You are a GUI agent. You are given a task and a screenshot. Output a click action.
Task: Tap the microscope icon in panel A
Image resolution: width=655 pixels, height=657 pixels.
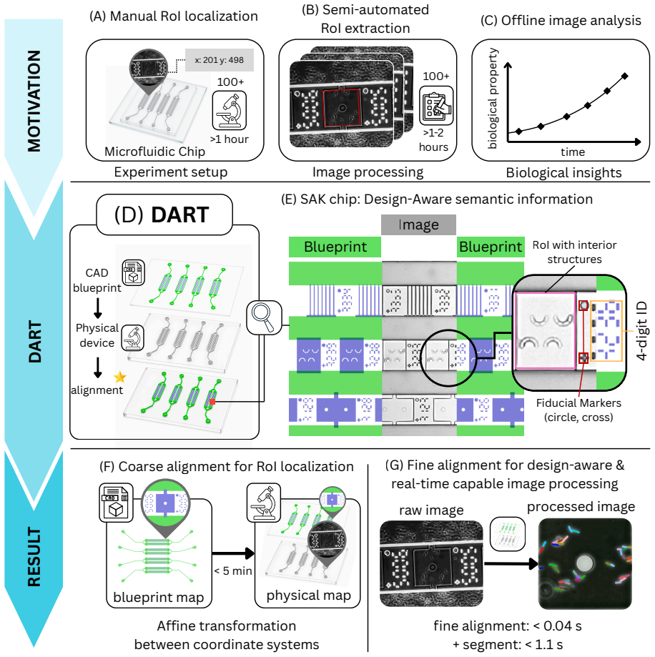pyautogui.click(x=230, y=111)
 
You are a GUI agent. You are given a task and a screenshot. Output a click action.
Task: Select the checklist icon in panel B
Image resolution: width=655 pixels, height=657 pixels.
pyautogui.click(x=436, y=106)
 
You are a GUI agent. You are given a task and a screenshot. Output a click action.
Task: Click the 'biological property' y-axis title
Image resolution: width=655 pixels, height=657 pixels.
pyautogui.click(x=493, y=99)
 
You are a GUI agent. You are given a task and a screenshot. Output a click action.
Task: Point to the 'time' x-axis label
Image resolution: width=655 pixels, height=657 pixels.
pyautogui.click(x=573, y=152)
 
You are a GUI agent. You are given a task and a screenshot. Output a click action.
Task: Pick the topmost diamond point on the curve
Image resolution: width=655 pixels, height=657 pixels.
pyautogui.click(x=624, y=76)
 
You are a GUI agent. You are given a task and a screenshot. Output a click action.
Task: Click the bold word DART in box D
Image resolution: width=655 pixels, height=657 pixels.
pyautogui.click(x=179, y=215)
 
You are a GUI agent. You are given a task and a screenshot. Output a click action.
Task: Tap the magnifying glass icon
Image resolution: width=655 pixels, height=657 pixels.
pyautogui.click(x=264, y=317)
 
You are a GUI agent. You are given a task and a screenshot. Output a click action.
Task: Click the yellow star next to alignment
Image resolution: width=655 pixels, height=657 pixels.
pyautogui.click(x=120, y=377)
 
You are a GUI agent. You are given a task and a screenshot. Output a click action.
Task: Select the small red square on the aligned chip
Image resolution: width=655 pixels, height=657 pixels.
pyautogui.click(x=212, y=402)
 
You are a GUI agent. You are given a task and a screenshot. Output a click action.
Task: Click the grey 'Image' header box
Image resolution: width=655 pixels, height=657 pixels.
pyautogui.click(x=418, y=225)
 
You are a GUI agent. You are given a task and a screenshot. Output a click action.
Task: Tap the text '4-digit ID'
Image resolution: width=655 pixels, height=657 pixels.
pyautogui.click(x=641, y=331)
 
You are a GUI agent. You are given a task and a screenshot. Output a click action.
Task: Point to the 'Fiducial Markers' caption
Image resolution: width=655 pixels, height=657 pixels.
pyautogui.click(x=578, y=403)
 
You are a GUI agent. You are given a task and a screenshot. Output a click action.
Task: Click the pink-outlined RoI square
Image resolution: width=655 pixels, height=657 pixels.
pyautogui.click(x=545, y=293)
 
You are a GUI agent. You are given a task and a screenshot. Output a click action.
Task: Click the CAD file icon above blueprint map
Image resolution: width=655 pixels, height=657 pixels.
pyautogui.click(x=116, y=503)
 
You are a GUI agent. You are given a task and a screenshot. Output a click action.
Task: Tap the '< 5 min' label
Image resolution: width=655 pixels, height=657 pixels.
pyautogui.click(x=233, y=570)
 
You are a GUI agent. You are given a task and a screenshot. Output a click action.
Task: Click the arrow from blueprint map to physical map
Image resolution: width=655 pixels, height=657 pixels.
pyautogui.click(x=233, y=553)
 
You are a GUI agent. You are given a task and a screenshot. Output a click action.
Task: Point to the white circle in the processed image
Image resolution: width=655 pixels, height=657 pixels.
pyautogui.click(x=585, y=563)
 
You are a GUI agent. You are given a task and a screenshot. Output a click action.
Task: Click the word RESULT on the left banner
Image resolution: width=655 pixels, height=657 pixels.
pyautogui.click(x=34, y=557)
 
